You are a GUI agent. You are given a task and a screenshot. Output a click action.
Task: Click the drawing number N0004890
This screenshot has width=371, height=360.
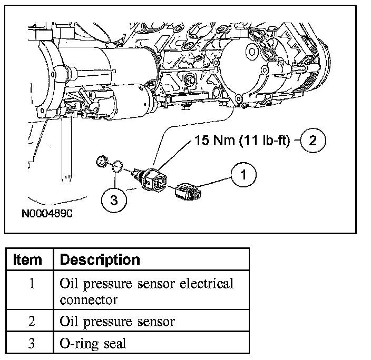point(47,215)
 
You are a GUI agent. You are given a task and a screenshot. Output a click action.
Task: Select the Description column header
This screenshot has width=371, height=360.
point(100,259)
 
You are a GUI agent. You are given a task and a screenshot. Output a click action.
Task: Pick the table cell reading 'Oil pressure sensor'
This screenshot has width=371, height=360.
point(118,321)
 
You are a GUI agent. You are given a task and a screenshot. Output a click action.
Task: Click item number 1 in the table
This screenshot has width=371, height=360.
point(31,284)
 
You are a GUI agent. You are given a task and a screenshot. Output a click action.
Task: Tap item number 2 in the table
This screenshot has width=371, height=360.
point(31,321)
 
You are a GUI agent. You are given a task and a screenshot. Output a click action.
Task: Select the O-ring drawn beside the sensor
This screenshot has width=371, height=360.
point(119,167)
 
